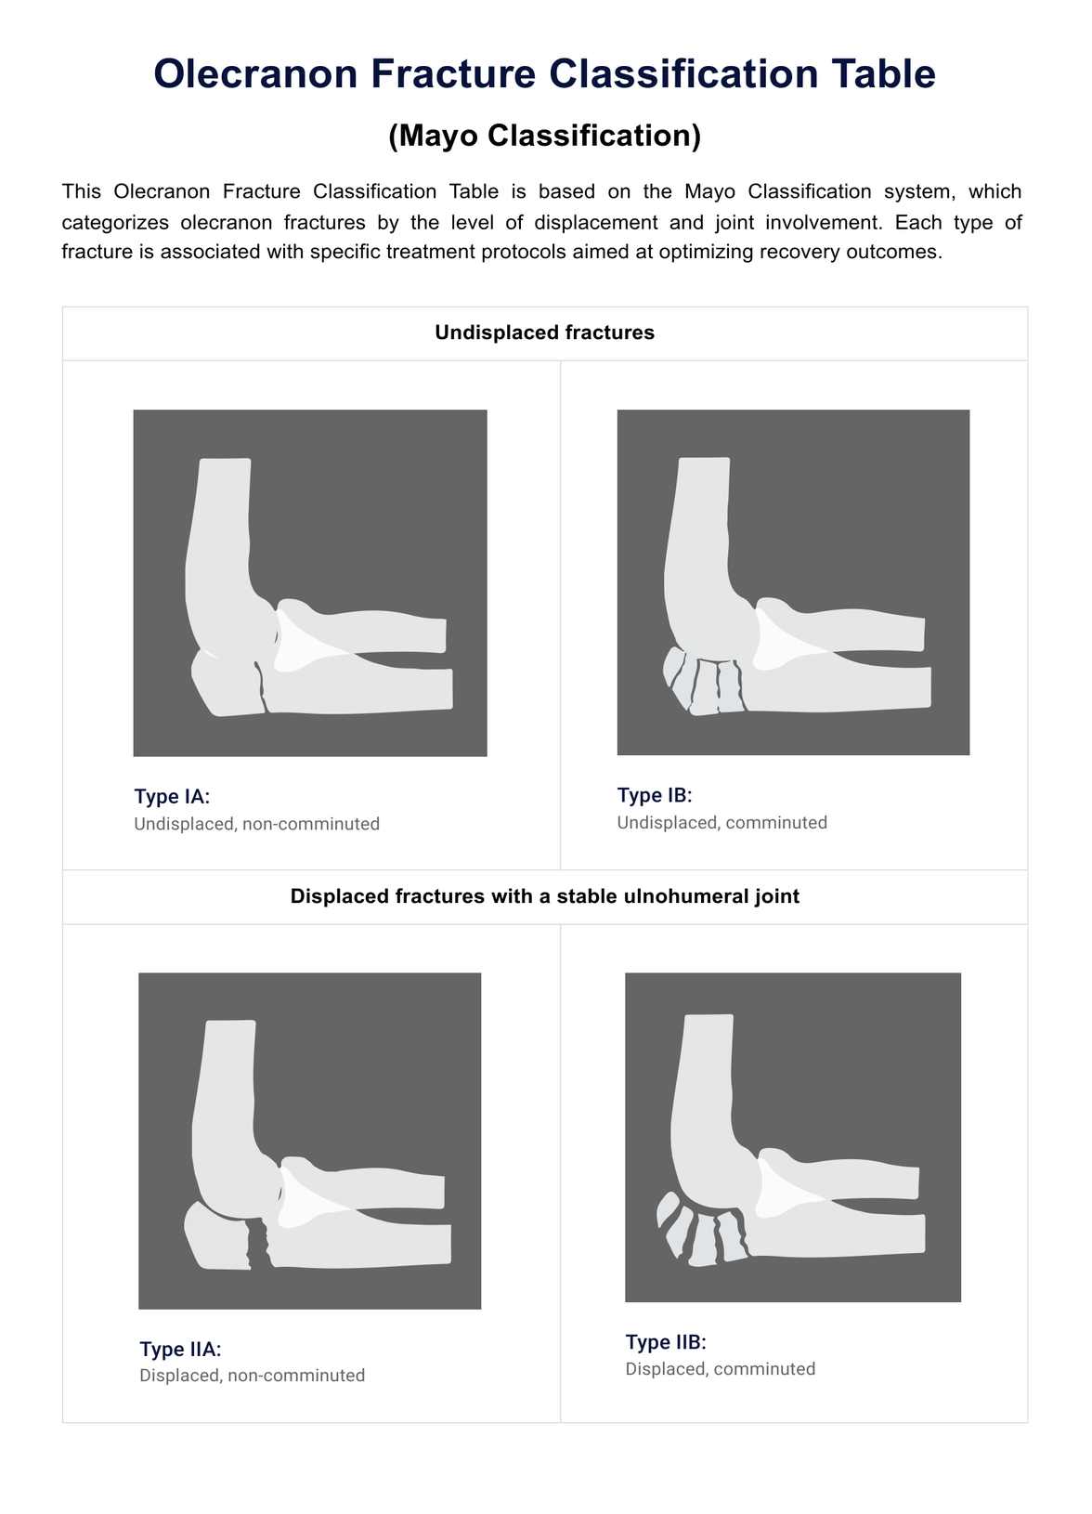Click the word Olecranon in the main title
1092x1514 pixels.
[x=255, y=73]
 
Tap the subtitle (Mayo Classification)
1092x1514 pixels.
[x=545, y=136]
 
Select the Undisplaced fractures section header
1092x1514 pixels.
[x=545, y=333]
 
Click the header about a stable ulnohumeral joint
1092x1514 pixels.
[x=545, y=896]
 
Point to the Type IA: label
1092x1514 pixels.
[x=172, y=796]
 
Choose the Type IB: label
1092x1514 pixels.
[x=655, y=795]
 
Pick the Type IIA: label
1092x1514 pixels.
[x=180, y=1349]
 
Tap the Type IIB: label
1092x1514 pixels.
[x=666, y=1341]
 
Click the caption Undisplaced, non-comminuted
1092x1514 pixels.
[x=257, y=824]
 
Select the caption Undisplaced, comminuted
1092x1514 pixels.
[x=721, y=823]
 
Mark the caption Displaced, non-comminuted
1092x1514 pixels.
[x=252, y=1376]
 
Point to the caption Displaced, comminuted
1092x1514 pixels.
[x=721, y=1369]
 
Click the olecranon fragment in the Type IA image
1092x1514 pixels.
[x=227, y=684]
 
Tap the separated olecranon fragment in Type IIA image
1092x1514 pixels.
[x=217, y=1238]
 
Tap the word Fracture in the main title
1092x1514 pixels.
[x=453, y=73]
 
